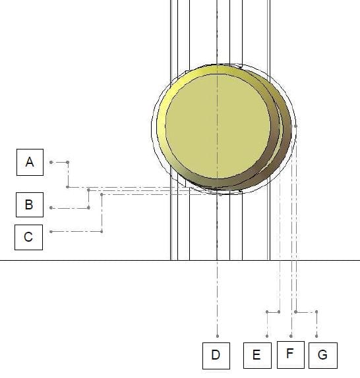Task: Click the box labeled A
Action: [30, 162]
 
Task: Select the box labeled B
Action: [30, 205]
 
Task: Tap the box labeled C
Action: [29, 237]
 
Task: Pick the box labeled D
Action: [216, 356]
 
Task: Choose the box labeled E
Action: [257, 356]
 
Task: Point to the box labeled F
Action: [291, 354]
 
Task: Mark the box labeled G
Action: [323, 356]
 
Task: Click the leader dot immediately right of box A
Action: [51, 162]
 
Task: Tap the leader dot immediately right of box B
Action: [51, 207]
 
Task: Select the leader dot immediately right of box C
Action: [51, 232]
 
